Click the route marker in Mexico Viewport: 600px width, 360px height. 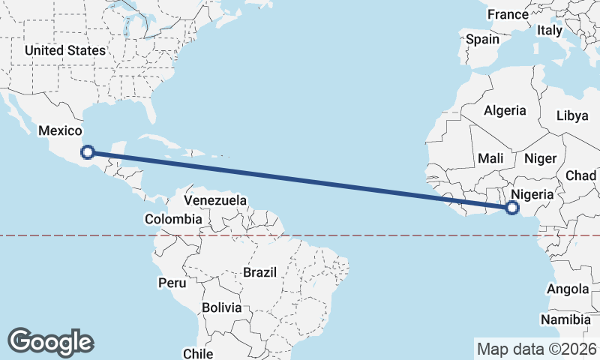click(88, 151)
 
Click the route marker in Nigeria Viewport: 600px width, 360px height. click(513, 208)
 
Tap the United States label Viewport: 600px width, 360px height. click(64, 50)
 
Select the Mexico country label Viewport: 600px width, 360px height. click(59, 130)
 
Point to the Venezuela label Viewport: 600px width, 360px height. click(215, 201)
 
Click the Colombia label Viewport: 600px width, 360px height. click(173, 219)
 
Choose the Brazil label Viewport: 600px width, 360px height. click(260, 272)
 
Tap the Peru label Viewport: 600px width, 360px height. click(171, 283)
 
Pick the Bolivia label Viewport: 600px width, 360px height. click(222, 307)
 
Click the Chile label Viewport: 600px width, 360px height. click(198, 353)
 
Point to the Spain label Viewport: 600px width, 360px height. click(482, 40)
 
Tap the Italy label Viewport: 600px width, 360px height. click(550, 31)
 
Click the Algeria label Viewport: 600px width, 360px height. click(505, 110)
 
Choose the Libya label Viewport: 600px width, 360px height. click(572, 115)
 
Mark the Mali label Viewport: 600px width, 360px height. click(490, 158)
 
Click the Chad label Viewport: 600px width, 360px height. click(581, 175)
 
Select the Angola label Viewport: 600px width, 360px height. click(568, 289)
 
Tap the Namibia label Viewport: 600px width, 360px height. click(566, 319)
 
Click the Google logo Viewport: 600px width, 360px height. click(51, 341)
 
